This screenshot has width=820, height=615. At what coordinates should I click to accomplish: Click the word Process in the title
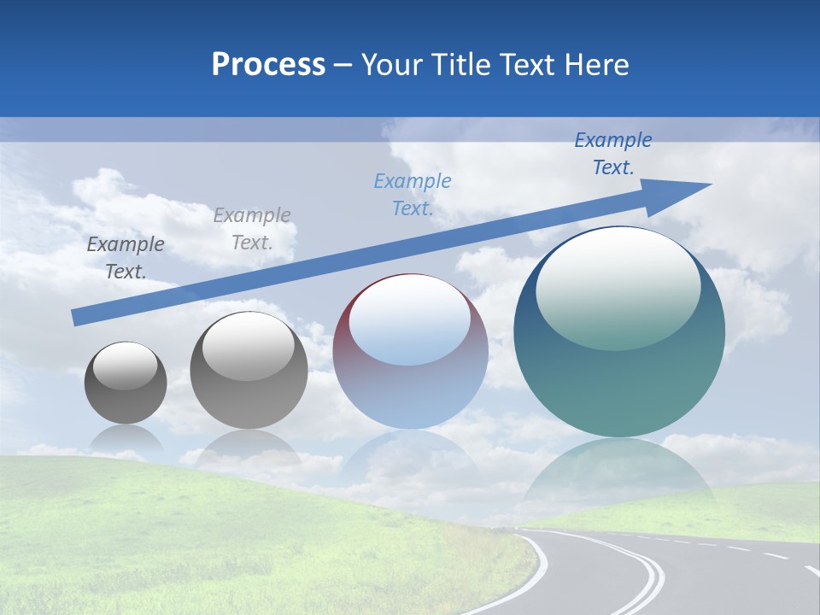268,65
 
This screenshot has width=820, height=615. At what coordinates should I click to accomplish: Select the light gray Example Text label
252,229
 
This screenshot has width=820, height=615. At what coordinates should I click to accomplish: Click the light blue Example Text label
413,195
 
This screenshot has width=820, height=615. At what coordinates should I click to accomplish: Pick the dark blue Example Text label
613,154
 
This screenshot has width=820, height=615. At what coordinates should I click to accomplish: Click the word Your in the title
391,65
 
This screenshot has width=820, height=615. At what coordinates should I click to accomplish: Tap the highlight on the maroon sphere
410,320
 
